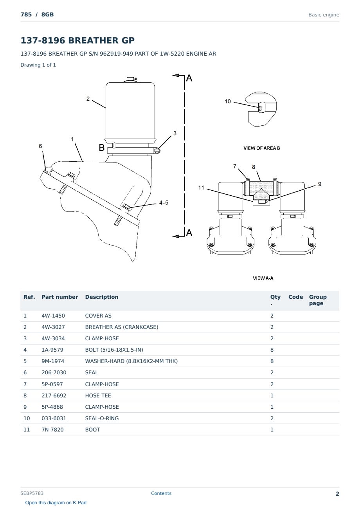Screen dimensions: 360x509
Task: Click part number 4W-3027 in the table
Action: click(x=53, y=327)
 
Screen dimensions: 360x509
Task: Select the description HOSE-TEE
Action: click(x=98, y=395)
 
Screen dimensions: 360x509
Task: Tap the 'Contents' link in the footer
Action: click(x=161, y=493)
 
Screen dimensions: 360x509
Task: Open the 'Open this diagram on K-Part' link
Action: click(x=56, y=503)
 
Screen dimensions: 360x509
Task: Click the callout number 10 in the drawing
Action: click(x=228, y=101)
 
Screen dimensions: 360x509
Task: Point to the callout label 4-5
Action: click(x=164, y=203)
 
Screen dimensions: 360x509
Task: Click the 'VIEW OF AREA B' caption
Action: click(x=262, y=148)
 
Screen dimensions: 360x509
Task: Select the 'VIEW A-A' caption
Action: click(x=263, y=278)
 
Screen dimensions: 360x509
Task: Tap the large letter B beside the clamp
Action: click(x=101, y=148)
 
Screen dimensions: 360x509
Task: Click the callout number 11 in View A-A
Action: click(x=201, y=188)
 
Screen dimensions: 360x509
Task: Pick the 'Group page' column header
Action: click(x=318, y=300)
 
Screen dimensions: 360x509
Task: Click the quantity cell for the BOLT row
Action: click(x=272, y=350)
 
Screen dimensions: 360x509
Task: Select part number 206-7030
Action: click(x=54, y=372)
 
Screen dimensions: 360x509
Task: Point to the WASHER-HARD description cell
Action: click(x=131, y=361)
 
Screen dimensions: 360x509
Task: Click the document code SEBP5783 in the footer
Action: click(x=32, y=493)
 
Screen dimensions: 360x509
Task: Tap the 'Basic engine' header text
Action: click(x=324, y=15)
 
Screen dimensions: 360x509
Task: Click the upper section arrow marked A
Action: click(x=178, y=76)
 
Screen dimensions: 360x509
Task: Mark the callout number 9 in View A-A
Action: click(x=320, y=184)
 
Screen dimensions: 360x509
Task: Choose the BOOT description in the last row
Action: click(x=92, y=430)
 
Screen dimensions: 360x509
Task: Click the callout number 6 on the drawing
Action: click(x=40, y=146)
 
